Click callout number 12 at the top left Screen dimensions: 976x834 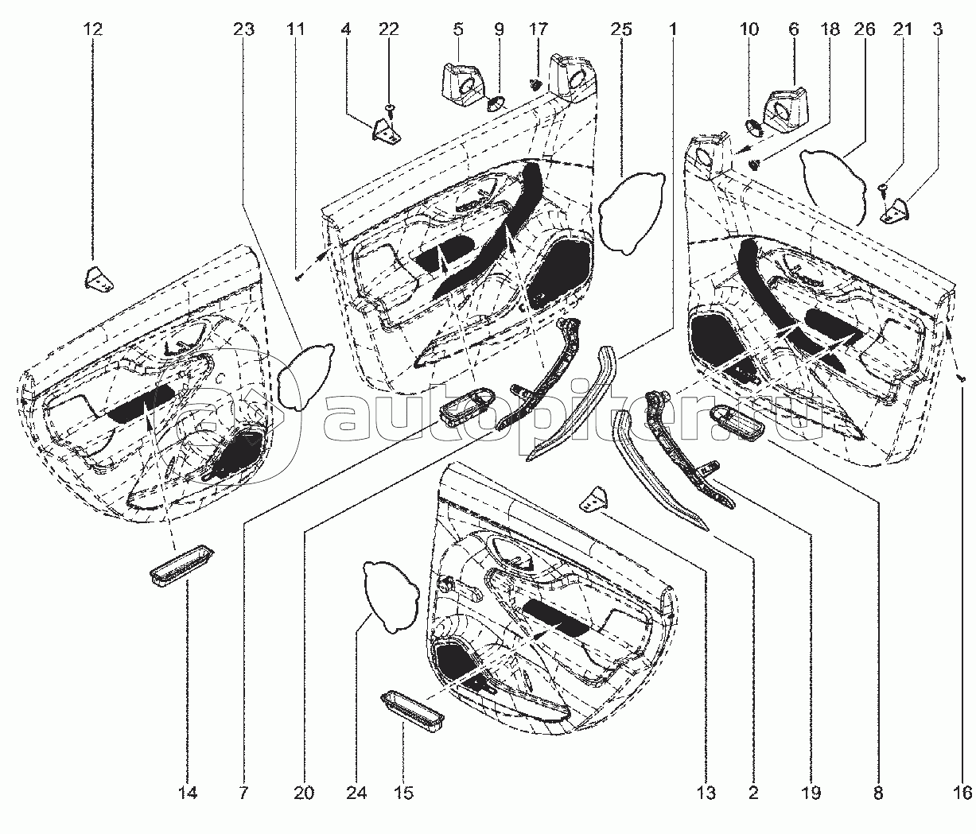pos(92,29)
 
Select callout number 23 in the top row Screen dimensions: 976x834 pos(243,29)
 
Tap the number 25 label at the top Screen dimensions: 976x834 pos(621,29)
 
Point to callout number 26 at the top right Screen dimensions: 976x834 pos(865,29)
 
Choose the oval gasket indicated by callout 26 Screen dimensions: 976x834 pos(834,187)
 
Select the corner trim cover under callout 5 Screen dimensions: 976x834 pos(461,85)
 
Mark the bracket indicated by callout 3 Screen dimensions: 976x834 pos(895,212)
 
